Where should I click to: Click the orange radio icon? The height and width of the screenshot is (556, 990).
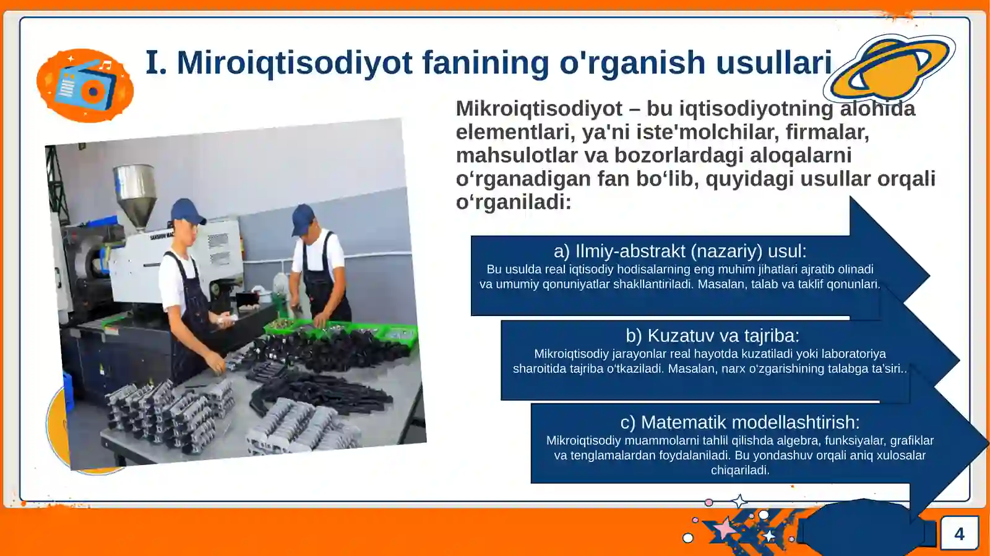tap(85, 86)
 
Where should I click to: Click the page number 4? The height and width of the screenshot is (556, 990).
tap(959, 534)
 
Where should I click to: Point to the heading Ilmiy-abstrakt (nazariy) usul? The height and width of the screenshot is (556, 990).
tap(679, 251)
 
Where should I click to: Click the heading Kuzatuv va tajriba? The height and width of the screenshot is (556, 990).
tap(712, 336)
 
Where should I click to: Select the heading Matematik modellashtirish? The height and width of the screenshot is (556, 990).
tap(739, 422)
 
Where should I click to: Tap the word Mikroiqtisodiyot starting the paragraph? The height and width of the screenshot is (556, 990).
tap(538, 109)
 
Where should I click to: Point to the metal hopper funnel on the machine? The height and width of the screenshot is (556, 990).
tap(134, 192)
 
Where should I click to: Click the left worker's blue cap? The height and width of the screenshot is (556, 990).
tap(187, 211)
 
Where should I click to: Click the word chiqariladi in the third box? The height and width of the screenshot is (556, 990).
tap(739, 470)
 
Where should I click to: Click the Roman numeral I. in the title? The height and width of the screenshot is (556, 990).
tap(156, 63)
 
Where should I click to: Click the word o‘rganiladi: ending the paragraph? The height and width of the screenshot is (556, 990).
tap(513, 202)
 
